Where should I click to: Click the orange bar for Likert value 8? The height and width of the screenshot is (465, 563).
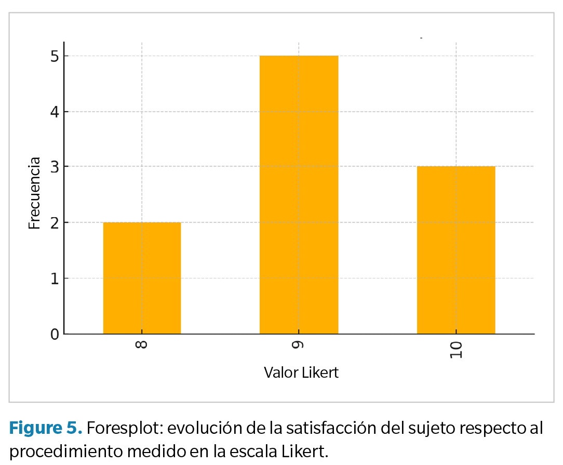click(142, 278)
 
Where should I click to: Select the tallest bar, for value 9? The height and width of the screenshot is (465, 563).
click(299, 195)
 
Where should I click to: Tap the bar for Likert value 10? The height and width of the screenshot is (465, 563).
click(455, 250)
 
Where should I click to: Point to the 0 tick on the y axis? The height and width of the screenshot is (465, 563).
click(55, 334)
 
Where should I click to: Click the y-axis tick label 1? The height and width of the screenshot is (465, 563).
click(55, 278)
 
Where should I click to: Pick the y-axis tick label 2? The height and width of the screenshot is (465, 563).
click(55, 223)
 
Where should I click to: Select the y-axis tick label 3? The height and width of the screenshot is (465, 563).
click(55, 167)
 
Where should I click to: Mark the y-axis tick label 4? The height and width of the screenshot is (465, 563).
click(55, 112)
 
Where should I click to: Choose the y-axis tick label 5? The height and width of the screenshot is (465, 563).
click(55, 56)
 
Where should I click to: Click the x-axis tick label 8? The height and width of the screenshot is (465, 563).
click(142, 344)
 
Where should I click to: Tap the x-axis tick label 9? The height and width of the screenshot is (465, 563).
click(299, 344)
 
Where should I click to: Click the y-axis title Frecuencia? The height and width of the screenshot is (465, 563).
click(34, 193)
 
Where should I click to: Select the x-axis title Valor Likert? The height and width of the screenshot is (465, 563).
click(301, 373)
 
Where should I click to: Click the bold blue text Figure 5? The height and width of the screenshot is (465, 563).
click(46, 429)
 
